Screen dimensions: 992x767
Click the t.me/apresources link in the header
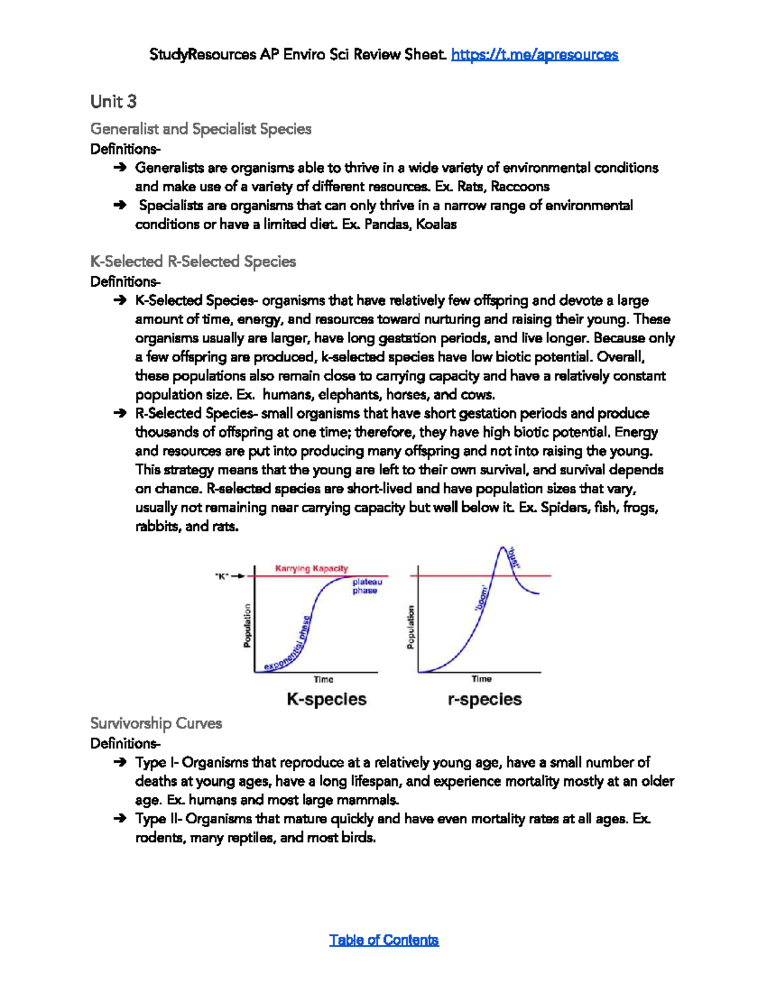pyautogui.click(x=534, y=55)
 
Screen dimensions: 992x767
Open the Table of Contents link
pyautogui.click(x=383, y=940)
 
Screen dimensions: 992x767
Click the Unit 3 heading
pyautogui.click(x=113, y=102)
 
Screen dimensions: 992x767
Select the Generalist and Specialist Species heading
pyautogui.click(x=201, y=129)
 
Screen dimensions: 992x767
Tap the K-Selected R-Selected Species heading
pyautogui.click(x=193, y=261)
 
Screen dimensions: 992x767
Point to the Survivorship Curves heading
pyautogui.click(x=156, y=723)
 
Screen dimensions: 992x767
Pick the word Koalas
pyautogui.click(x=436, y=224)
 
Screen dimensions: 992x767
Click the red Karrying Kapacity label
pyautogui.click(x=311, y=568)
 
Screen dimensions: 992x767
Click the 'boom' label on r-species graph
pyautogui.click(x=482, y=598)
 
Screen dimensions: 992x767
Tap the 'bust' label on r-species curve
pyautogui.click(x=514, y=558)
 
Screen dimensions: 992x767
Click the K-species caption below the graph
pyautogui.click(x=326, y=699)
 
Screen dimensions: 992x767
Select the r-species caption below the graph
pyautogui.click(x=484, y=699)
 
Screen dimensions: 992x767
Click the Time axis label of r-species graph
pyautogui.click(x=481, y=679)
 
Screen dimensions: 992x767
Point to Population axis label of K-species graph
pyautogui.click(x=247, y=626)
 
